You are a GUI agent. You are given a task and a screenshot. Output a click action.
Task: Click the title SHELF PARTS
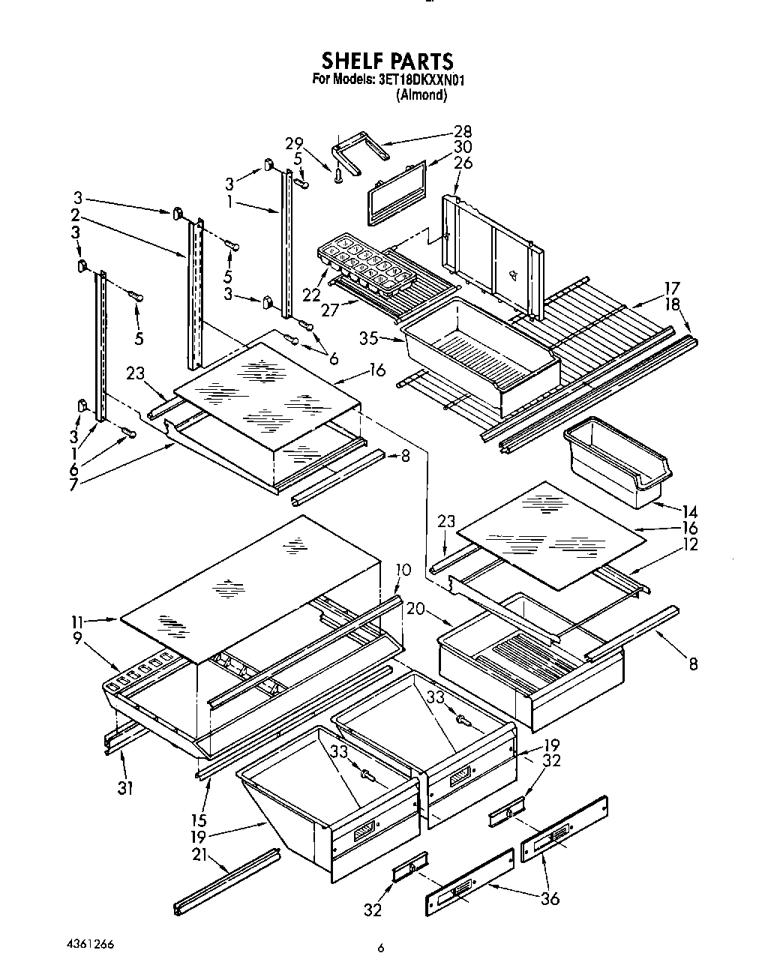[388, 60]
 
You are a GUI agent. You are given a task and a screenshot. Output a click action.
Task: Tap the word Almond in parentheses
[421, 95]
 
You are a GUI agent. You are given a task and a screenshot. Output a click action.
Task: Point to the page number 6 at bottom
[381, 949]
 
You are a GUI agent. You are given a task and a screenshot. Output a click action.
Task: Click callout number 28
[463, 132]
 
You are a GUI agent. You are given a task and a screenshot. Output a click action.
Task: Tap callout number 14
[690, 511]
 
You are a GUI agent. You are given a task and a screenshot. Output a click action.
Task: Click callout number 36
[550, 898]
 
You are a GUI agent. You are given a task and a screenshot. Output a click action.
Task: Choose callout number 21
[220, 853]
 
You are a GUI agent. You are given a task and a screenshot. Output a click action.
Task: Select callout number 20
[417, 610]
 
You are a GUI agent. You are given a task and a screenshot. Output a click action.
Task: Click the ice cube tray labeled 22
[366, 265]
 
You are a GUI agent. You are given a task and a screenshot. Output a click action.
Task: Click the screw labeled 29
[339, 175]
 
